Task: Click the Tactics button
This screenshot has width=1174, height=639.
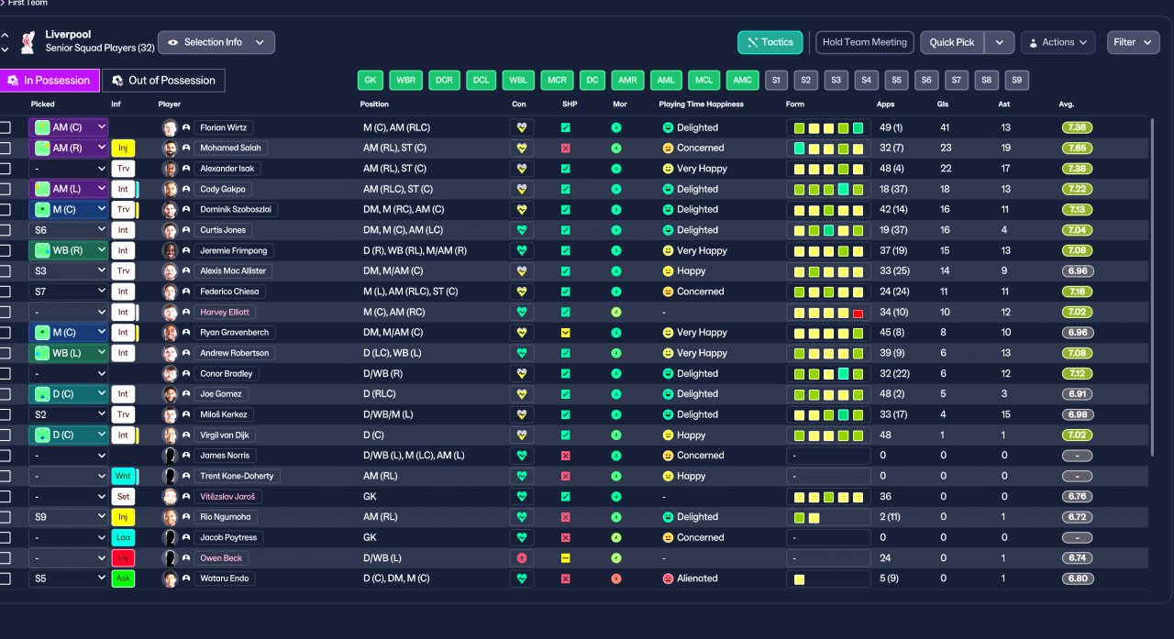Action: pyautogui.click(x=770, y=42)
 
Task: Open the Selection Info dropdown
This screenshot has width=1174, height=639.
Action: pyautogui.click(x=216, y=42)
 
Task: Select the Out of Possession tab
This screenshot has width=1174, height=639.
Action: pyautogui.click(x=163, y=81)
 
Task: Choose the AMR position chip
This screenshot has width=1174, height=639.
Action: pyautogui.click(x=627, y=80)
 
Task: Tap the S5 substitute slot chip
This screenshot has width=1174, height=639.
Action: pyautogui.click(x=896, y=80)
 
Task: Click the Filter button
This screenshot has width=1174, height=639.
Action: pyautogui.click(x=1133, y=42)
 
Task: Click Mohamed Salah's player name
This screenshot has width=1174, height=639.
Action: pyautogui.click(x=230, y=148)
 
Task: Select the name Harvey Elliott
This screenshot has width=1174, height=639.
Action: pyautogui.click(x=225, y=313)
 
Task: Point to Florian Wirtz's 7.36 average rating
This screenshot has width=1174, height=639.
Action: pyautogui.click(x=1077, y=127)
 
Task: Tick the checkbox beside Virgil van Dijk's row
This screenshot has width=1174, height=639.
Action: pyautogui.click(x=6, y=435)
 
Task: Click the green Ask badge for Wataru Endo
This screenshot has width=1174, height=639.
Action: pyautogui.click(x=123, y=578)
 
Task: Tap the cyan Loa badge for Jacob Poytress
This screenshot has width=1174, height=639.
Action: pyautogui.click(x=123, y=537)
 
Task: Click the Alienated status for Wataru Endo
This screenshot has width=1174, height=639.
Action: pyautogui.click(x=697, y=578)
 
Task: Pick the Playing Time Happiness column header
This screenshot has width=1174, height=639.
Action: pyautogui.click(x=702, y=105)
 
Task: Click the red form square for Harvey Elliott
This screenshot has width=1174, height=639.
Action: pyautogui.click(x=858, y=314)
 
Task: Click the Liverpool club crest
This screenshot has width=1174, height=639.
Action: pyautogui.click(x=28, y=42)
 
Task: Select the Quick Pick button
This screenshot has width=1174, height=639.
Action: pyautogui.click(x=952, y=42)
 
